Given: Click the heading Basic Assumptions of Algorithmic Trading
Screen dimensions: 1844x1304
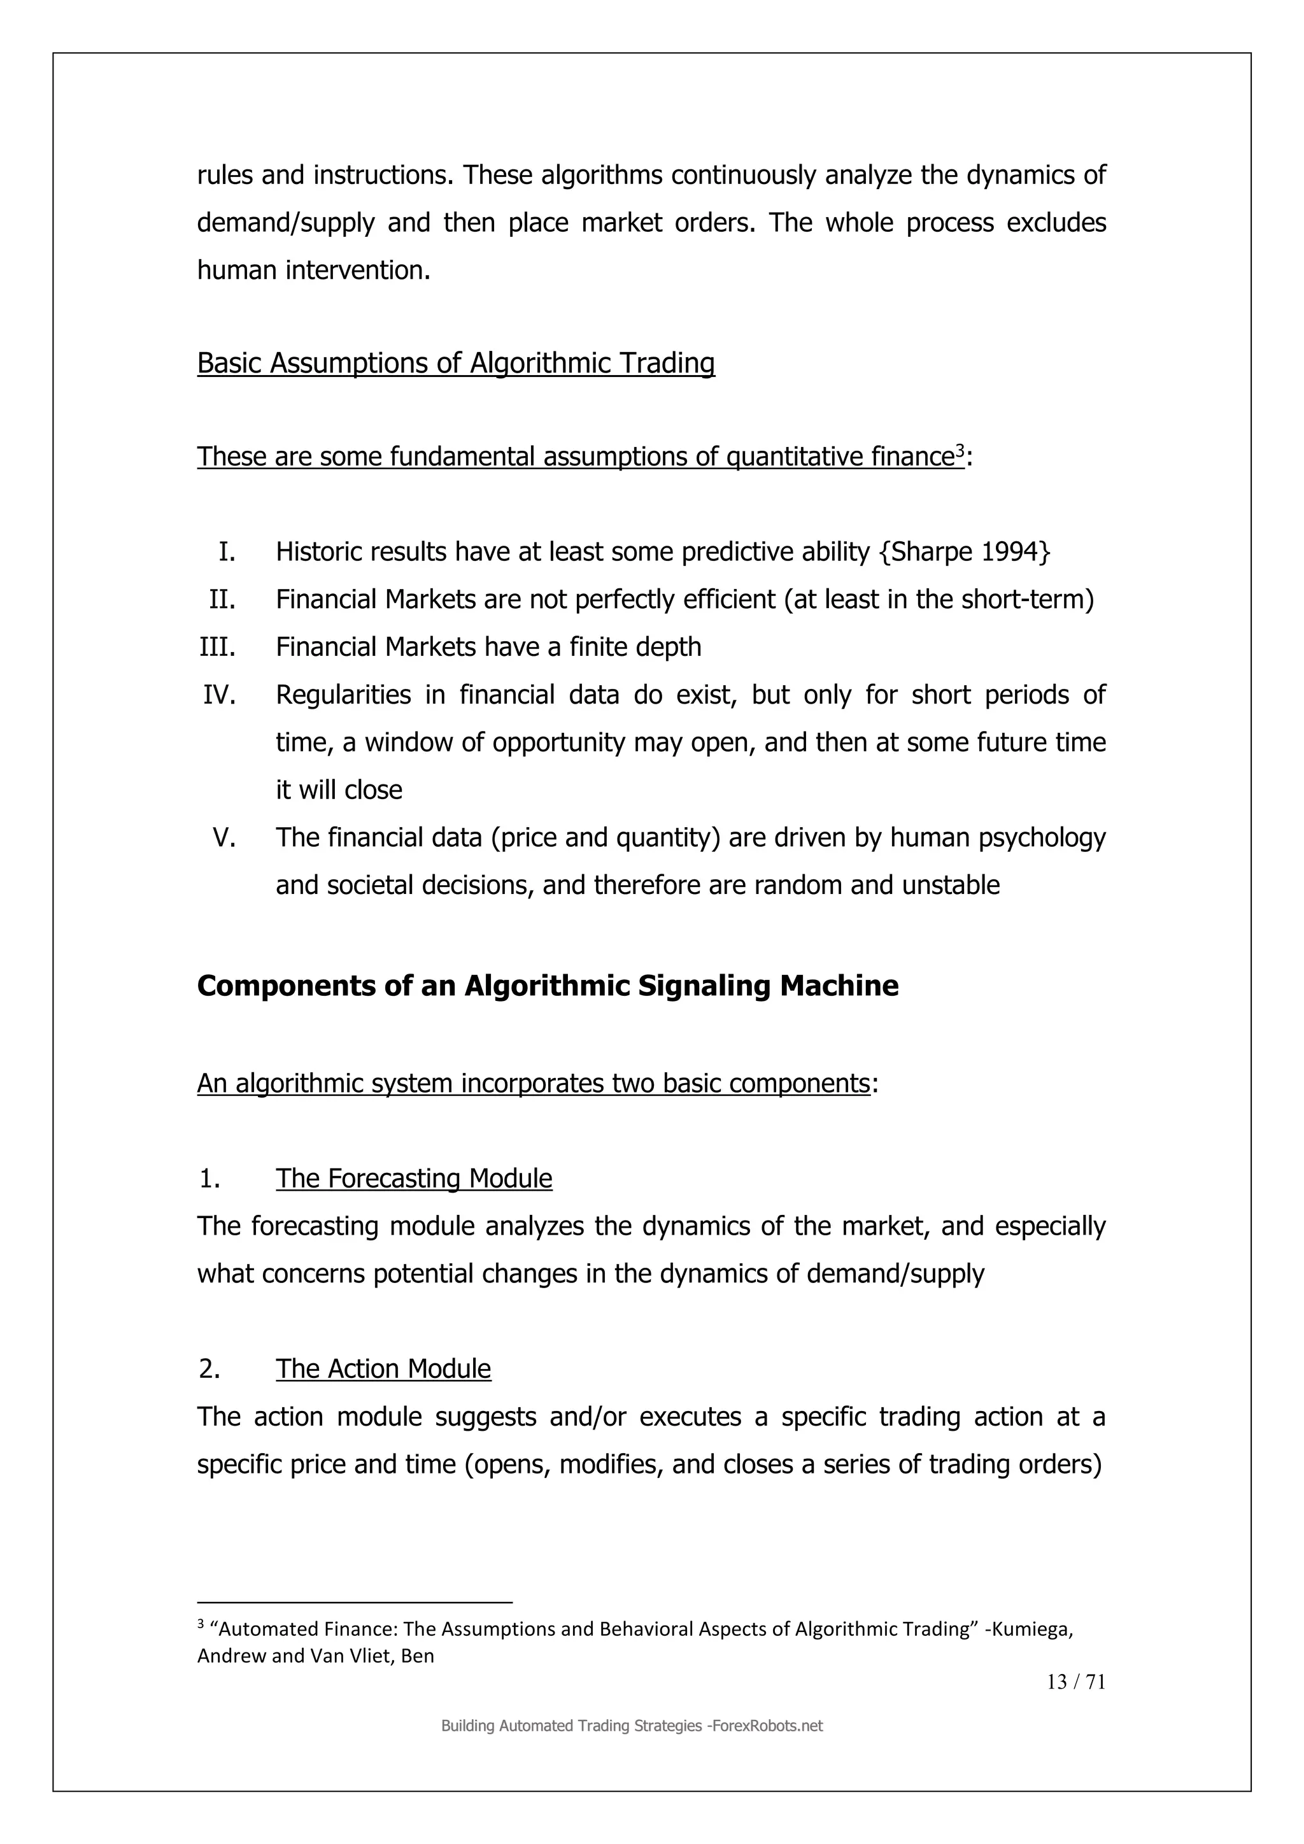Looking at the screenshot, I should (x=455, y=363).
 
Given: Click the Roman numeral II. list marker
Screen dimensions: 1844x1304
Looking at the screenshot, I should (x=222, y=599).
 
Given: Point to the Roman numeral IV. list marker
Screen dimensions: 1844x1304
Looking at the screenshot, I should (x=219, y=695).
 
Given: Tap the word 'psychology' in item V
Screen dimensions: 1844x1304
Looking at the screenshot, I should (x=1042, y=838).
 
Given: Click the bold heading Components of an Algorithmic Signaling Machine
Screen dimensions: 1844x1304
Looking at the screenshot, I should (x=548, y=986).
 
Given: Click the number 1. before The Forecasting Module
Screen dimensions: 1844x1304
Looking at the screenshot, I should (x=209, y=1178).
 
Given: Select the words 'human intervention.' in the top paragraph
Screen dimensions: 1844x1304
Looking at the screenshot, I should (x=314, y=270).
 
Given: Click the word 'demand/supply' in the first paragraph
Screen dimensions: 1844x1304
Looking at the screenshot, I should (x=285, y=222).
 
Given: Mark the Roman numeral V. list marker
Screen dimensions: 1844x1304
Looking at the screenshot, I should (x=224, y=838).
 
